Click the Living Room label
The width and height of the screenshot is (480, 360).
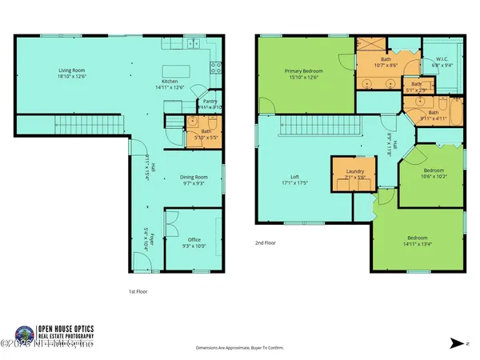click(73, 73)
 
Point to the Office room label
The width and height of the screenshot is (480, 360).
click(194, 242)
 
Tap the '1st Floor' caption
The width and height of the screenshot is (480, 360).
click(138, 291)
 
